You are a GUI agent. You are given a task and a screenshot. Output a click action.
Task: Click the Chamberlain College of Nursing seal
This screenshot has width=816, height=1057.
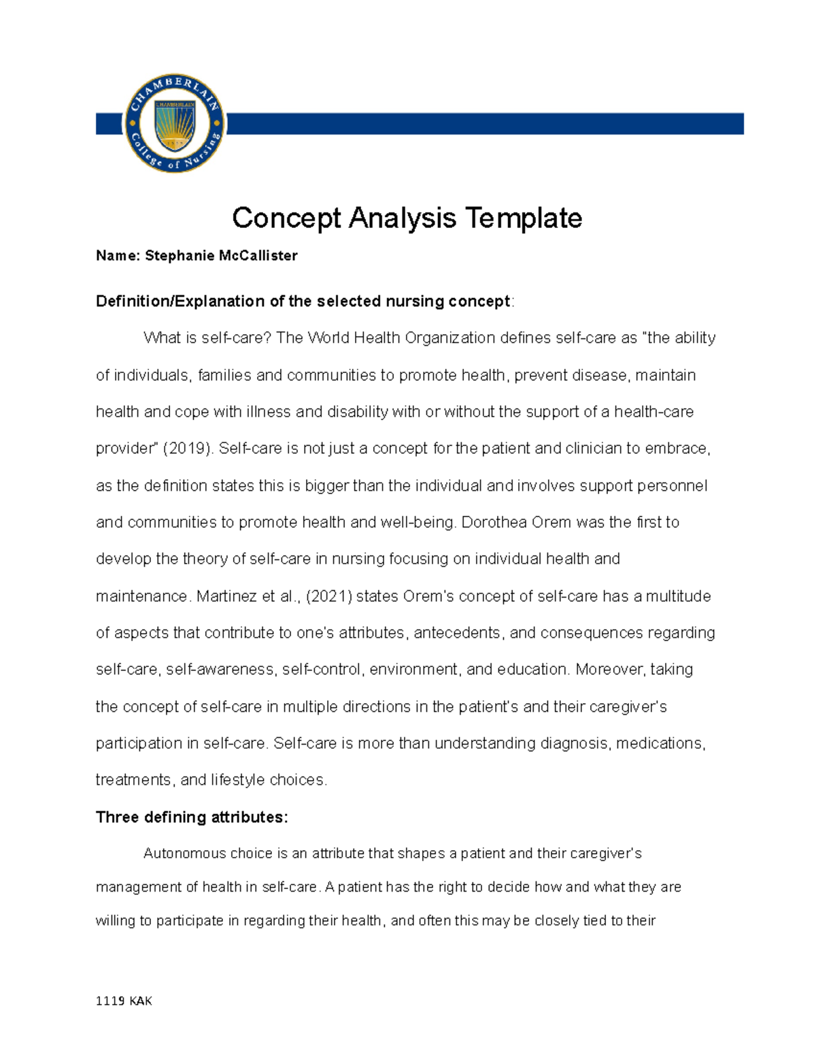[x=174, y=123]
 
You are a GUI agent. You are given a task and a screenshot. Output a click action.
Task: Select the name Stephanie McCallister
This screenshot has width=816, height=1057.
[x=221, y=256]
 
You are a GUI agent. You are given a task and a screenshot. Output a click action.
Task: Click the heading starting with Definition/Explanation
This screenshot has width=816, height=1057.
[x=303, y=302]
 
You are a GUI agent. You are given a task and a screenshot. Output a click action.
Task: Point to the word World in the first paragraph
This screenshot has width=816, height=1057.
[x=329, y=338]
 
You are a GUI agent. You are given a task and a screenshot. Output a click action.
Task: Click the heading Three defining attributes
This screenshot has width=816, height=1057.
[x=192, y=817]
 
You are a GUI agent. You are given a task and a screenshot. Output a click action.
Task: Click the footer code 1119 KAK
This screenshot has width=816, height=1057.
[x=124, y=1001]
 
